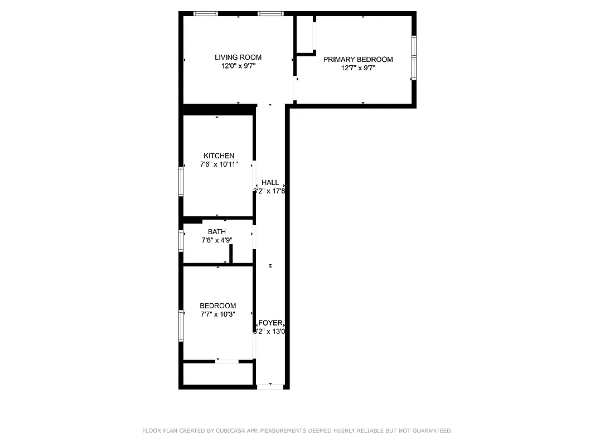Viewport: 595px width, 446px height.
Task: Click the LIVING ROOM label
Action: coord(238,57)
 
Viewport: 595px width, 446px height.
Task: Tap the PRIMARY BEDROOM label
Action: coord(358,60)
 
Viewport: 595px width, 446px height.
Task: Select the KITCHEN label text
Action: coord(219,156)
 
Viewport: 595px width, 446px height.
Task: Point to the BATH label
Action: coord(217,232)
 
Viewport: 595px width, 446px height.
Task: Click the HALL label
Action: coord(270,183)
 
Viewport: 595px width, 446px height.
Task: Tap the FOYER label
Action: coord(270,323)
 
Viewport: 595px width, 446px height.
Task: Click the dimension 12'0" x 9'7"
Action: coord(238,66)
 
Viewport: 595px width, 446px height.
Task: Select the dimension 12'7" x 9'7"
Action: coord(358,68)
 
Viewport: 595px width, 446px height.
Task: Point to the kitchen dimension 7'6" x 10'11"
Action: coord(219,164)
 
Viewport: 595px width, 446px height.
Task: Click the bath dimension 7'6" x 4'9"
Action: coord(217,240)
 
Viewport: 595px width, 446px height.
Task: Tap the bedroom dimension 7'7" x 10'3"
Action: coord(217,314)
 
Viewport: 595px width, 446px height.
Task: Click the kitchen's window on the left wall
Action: coord(181,181)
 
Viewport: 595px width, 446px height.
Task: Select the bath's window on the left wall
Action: coord(181,241)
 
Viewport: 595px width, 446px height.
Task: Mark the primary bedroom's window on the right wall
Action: coord(414,57)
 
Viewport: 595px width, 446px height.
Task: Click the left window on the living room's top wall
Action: coord(206,13)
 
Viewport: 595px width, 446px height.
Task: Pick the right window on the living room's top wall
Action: coord(270,13)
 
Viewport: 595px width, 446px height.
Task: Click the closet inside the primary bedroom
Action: coord(305,34)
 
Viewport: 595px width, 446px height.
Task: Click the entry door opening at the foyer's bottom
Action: coord(270,385)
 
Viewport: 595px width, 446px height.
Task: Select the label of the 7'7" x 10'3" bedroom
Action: coord(217,306)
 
